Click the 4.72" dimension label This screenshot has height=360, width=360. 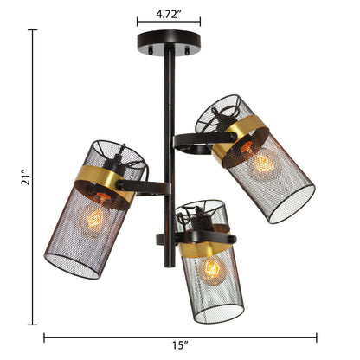170,15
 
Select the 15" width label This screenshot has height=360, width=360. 180,345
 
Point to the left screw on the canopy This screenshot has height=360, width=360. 151,50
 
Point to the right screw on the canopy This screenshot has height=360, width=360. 187,51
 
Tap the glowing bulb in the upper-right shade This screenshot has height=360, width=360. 263,164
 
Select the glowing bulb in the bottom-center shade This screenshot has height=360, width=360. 212,270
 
